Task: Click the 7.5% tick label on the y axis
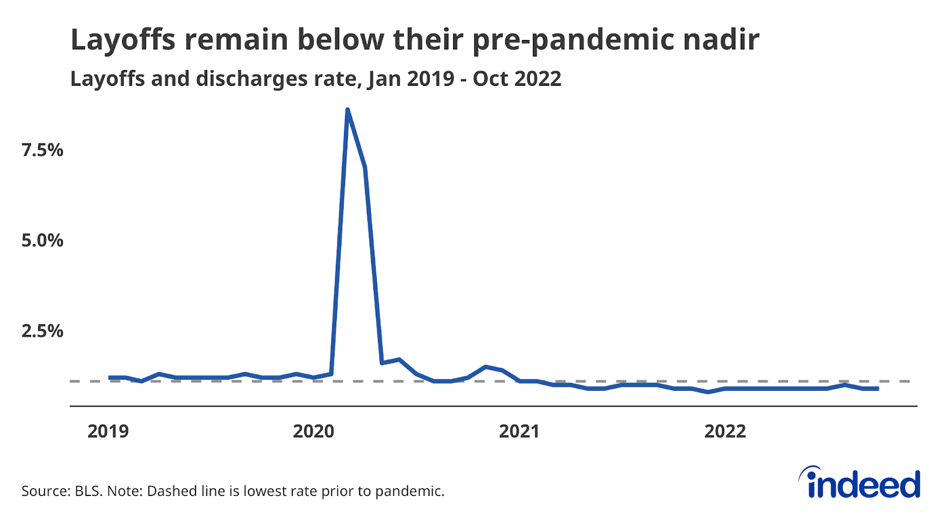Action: click(x=42, y=150)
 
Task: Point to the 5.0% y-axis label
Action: click(x=42, y=240)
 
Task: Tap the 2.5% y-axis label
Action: click(x=42, y=331)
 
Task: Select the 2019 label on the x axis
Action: click(x=108, y=431)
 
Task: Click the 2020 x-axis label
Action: click(x=313, y=431)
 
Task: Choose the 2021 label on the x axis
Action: click(x=519, y=431)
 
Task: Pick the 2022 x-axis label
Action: click(x=725, y=431)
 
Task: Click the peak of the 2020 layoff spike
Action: click(x=347, y=110)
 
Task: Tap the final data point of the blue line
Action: click(x=877, y=388)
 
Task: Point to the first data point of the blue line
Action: click(x=110, y=377)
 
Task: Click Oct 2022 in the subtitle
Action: click(x=517, y=79)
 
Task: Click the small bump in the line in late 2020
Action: click(x=485, y=367)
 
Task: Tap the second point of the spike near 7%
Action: click(x=365, y=167)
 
